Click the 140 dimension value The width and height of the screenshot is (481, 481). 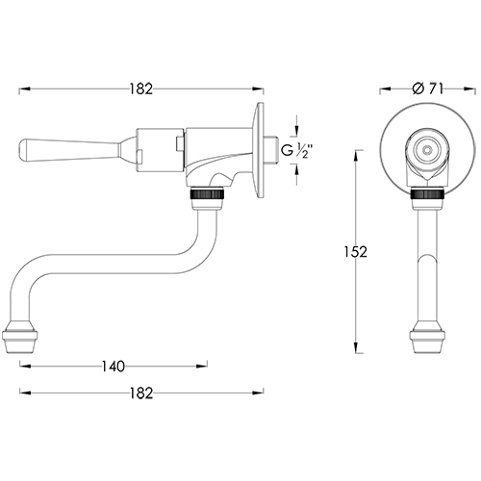114,367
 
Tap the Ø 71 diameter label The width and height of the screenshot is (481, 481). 427,89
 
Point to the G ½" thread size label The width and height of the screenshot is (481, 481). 308,152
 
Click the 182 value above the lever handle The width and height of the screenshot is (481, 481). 140,89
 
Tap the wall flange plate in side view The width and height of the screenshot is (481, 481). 259,150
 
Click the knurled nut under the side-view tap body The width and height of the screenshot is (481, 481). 207,197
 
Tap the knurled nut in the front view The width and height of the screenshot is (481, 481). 425,197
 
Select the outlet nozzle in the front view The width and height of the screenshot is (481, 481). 425,340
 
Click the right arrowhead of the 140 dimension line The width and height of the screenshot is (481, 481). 204,367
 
